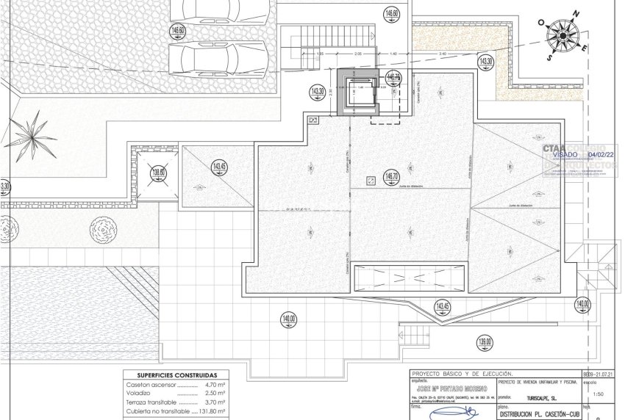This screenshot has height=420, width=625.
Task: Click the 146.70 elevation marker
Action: click(x=391, y=176)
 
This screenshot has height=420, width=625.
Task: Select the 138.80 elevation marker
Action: click(x=157, y=174)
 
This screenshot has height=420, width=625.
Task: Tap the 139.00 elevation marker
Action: click(x=485, y=341)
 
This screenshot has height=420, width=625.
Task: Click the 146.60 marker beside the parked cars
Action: click(x=178, y=31)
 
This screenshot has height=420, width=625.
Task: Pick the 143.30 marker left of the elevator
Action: click(x=318, y=92)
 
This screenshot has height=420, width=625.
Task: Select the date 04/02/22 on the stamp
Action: click(x=601, y=155)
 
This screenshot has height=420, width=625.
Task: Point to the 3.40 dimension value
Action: click(x=441, y=54)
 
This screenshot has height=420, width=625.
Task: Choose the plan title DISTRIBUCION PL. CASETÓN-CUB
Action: click(x=538, y=414)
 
